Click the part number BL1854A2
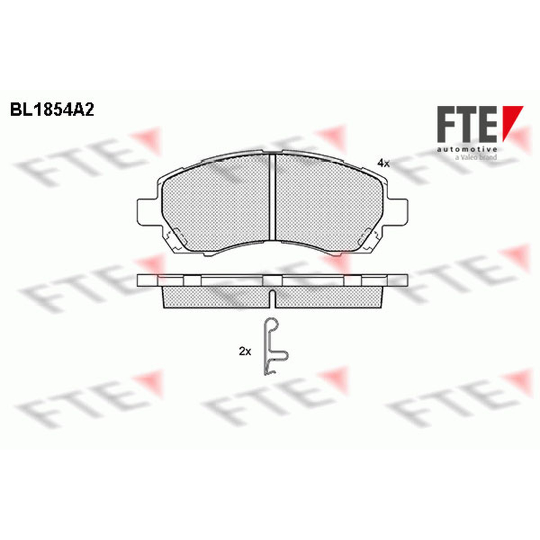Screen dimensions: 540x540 pos(52,110)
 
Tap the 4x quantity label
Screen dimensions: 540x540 pos(383,163)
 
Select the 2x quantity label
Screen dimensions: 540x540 pos(245,351)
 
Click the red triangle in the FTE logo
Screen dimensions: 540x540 pos(512,123)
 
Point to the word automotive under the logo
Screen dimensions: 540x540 pos(467,149)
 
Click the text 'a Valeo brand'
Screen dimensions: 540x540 pos(476,157)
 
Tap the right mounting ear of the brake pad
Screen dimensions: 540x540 pos(396,211)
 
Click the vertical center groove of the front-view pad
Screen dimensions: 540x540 pos(273,196)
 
